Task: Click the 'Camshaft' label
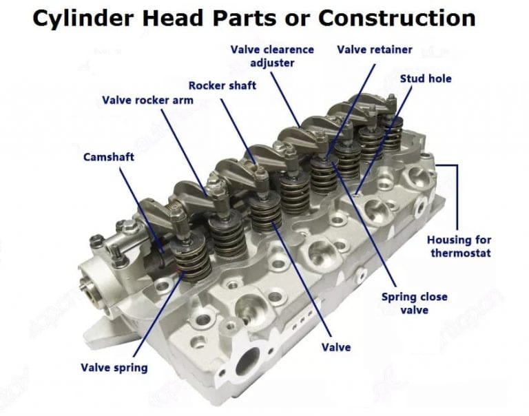pos(109,157)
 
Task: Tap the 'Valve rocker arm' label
pos(148,100)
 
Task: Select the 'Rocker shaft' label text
pos(222,85)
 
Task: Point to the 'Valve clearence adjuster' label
pos(272,56)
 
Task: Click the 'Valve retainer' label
pos(375,50)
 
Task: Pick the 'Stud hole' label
pos(426,79)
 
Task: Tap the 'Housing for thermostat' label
pos(459,247)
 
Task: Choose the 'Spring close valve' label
pos(415,304)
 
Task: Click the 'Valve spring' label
pos(114,368)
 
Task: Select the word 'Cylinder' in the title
pos(83,18)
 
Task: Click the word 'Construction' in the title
pos(397,18)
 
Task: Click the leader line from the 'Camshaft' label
pos(142,210)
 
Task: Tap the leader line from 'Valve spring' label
pos(159,314)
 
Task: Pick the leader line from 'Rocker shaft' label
pos(239,132)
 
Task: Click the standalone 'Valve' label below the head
pos(336,348)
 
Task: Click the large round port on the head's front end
pos(248,362)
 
